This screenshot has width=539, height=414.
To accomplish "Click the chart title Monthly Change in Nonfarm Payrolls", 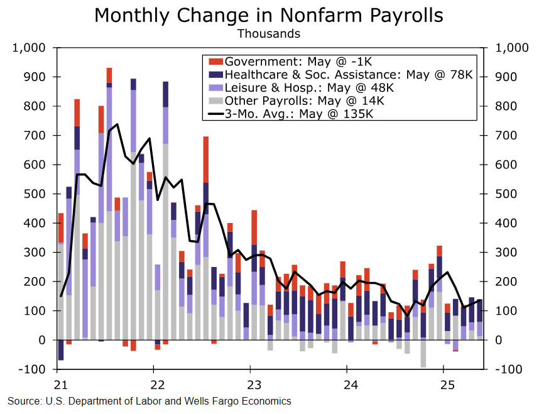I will point(269,15).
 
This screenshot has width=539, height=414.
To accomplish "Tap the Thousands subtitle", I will point(268,33).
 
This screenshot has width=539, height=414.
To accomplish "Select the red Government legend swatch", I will point(215,62).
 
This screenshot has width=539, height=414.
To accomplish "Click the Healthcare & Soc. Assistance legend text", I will point(347,75).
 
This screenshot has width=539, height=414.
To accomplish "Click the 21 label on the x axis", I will point(60,384).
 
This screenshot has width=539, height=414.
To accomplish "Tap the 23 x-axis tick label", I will point(252,384).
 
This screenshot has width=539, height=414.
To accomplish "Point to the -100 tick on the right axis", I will point(509,369).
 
